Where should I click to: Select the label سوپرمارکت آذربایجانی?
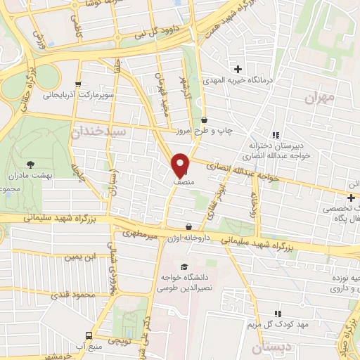pos(81,94)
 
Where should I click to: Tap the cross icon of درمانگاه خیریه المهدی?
pos(238,69)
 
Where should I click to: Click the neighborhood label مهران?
pos(317,98)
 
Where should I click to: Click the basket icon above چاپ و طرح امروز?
pos(204,120)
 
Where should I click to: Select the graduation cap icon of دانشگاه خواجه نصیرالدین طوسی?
pos(184,266)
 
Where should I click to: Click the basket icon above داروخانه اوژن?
pos(188,226)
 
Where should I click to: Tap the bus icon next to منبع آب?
pos(89,335)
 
